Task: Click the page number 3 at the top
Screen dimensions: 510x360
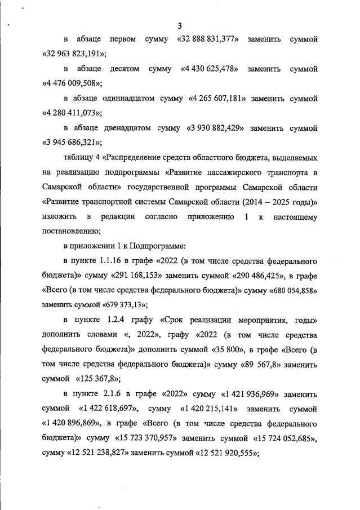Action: click(180, 25)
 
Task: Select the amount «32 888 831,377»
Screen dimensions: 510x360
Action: click(210, 39)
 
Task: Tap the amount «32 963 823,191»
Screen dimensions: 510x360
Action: click(74, 54)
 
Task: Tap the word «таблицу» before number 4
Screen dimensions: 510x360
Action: click(79, 157)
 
